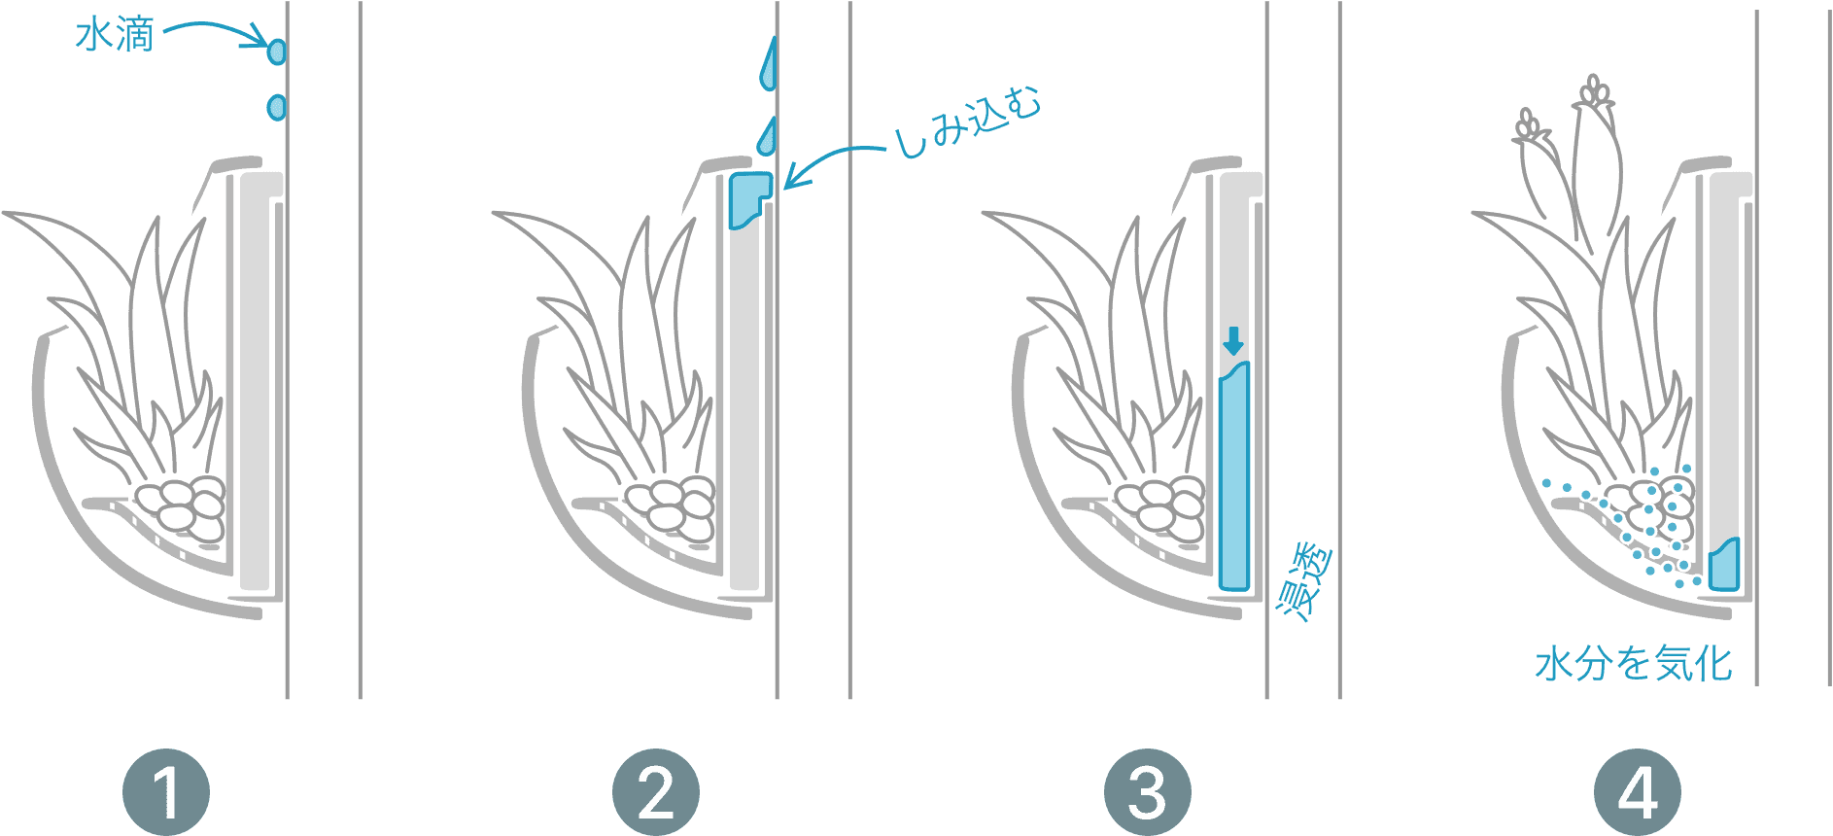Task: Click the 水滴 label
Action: [x=115, y=37]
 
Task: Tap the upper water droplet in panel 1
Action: [x=277, y=50]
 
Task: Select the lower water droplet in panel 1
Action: [x=276, y=106]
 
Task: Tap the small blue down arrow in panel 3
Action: [x=1233, y=341]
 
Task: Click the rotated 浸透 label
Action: [x=1304, y=583]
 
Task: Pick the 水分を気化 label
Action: [x=1633, y=664]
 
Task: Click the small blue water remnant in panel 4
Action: [x=1723, y=564]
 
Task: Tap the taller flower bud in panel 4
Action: [x=1594, y=146]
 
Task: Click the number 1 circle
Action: [x=166, y=792]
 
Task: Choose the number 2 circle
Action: [x=656, y=792]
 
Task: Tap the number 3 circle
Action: [x=1147, y=792]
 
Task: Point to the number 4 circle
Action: [x=1638, y=792]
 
